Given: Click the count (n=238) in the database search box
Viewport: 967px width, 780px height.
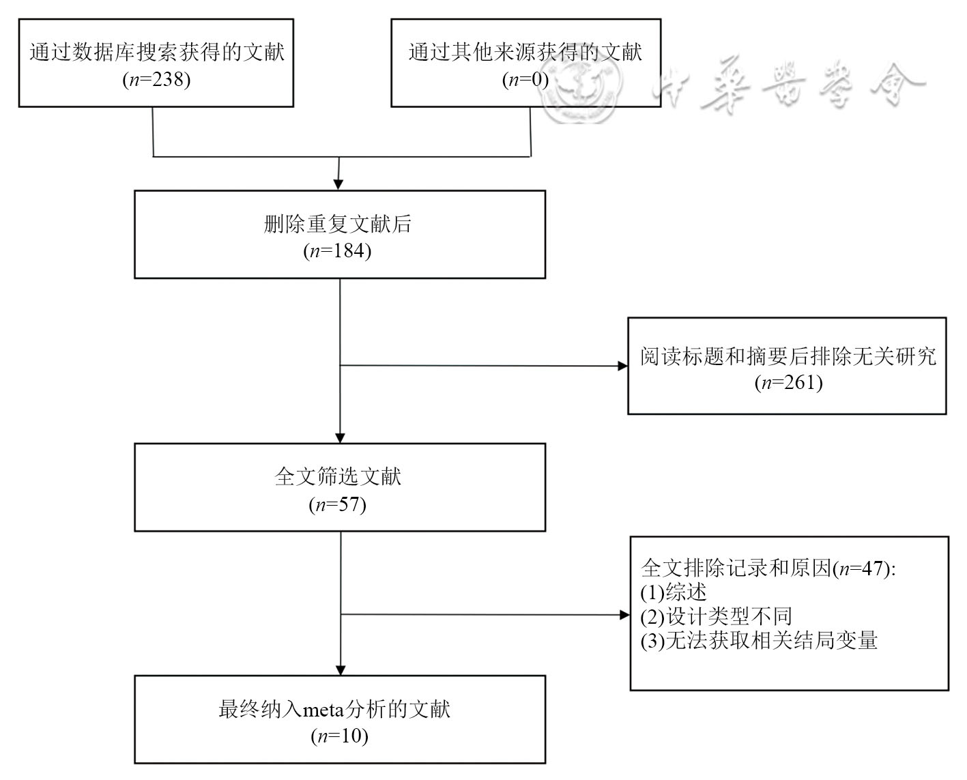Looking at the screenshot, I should tap(156, 80).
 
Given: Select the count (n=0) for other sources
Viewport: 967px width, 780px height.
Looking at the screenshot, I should tap(525, 80).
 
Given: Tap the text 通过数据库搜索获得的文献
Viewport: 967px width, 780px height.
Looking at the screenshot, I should tap(156, 53).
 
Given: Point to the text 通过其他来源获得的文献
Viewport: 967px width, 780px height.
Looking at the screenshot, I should tap(525, 53).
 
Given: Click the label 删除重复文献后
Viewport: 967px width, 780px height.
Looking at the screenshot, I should tap(338, 225).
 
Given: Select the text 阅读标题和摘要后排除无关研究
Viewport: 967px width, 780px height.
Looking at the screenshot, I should tap(788, 356).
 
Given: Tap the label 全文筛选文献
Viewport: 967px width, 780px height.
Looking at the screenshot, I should tap(338, 476).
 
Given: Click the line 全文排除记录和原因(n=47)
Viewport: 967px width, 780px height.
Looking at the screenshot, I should tap(768, 568).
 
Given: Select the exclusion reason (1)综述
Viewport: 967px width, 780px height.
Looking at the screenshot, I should tap(673, 592).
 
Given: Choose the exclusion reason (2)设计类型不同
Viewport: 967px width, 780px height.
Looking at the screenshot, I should tap(716, 616).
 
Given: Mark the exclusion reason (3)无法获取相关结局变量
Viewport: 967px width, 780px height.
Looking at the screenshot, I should tap(758, 641).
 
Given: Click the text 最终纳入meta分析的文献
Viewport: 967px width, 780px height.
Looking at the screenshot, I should tap(334, 709).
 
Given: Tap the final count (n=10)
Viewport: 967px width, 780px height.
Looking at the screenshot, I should tap(339, 736).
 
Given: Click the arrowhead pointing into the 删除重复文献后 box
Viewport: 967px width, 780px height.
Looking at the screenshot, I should tap(338, 184).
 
